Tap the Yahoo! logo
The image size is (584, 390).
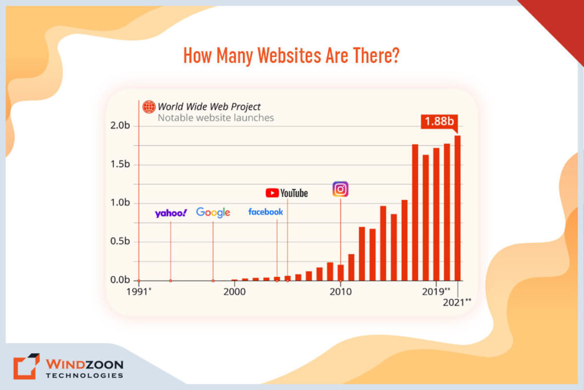pyautogui.click(x=171, y=213)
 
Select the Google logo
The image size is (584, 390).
pyautogui.click(x=213, y=212)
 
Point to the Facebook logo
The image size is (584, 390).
pyautogui.click(x=265, y=212)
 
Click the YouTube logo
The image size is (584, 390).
pyautogui.click(x=286, y=193)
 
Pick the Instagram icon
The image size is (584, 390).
pyautogui.click(x=340, y=189)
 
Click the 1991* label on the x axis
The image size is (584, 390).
pyautogui.click(x=140, y=291)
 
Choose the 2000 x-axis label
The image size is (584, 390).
pyautogui.click(x=234, y=291)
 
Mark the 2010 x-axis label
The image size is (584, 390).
pyautogui.click(x=340, y=291)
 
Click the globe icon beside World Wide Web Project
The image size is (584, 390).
pyautogui.click(x=149, y=107)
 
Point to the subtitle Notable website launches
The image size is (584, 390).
pyautogui.click(x=216, y=118)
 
